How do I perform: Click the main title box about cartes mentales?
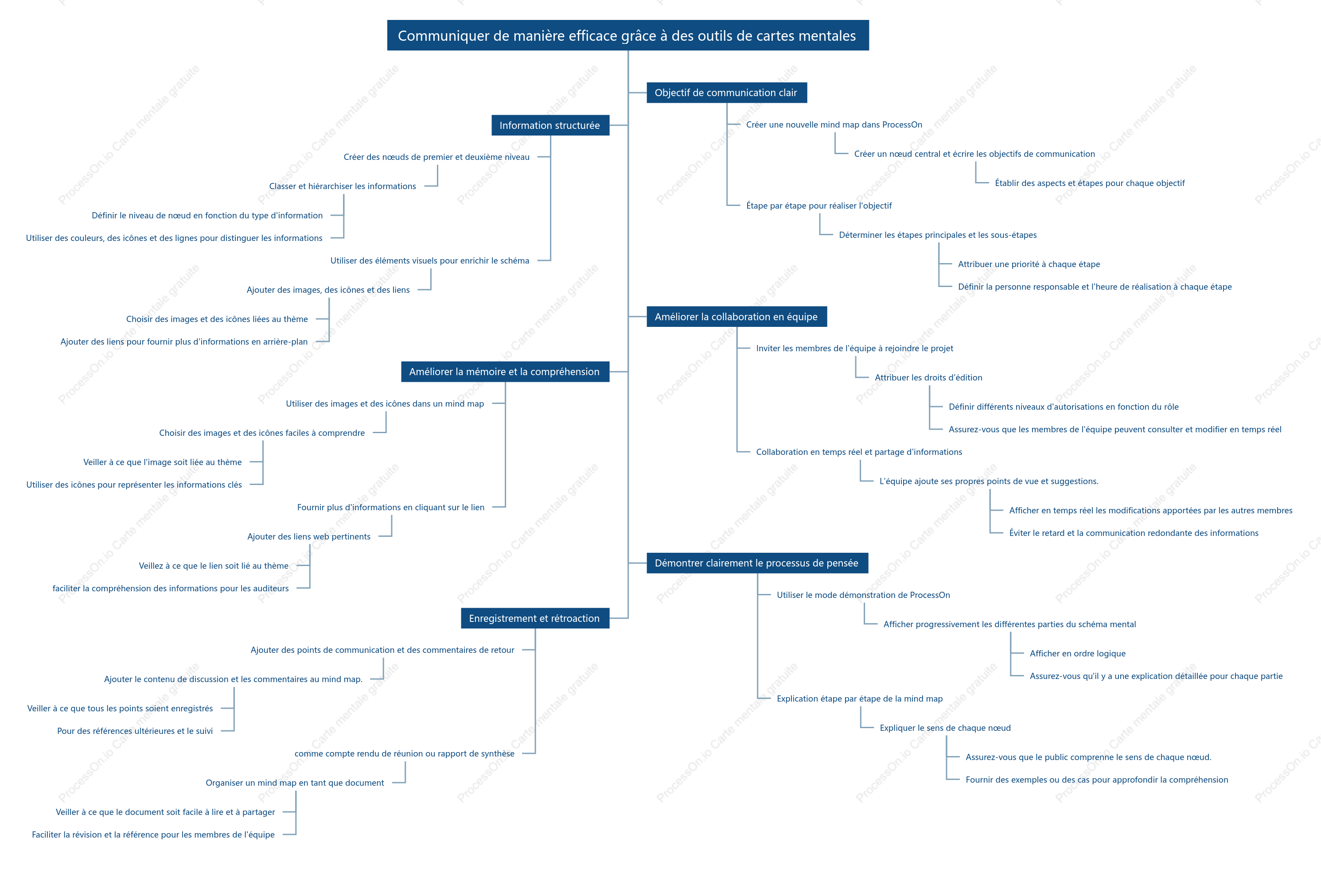pos(628,35)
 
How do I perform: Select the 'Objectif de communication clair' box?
pos(727,93)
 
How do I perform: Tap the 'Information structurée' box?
pos(550,125)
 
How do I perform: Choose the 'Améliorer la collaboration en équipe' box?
pos(736,317)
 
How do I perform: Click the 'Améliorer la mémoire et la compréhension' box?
pos(505,372)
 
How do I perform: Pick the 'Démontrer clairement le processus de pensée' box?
pos(757,563)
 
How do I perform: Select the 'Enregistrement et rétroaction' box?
pos(535,618)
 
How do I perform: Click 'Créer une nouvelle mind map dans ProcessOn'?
pos(834,125)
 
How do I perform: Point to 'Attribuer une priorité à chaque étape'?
pos(1029,264)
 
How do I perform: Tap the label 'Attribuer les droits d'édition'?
pos(928,378)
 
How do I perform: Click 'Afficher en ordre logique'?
pos(1077,654)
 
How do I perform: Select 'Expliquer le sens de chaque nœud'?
pos(945,728)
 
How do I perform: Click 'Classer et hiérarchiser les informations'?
pos(343,186)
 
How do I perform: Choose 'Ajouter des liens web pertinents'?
pos(308,537)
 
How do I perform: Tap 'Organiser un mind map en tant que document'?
pos(295,783)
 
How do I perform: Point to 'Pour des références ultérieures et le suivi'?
pos(135,731)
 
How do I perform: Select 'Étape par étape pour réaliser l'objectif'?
pos(818,206)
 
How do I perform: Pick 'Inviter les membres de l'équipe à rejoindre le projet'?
pos(854,349)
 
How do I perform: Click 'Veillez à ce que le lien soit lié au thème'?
pos(214,566)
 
